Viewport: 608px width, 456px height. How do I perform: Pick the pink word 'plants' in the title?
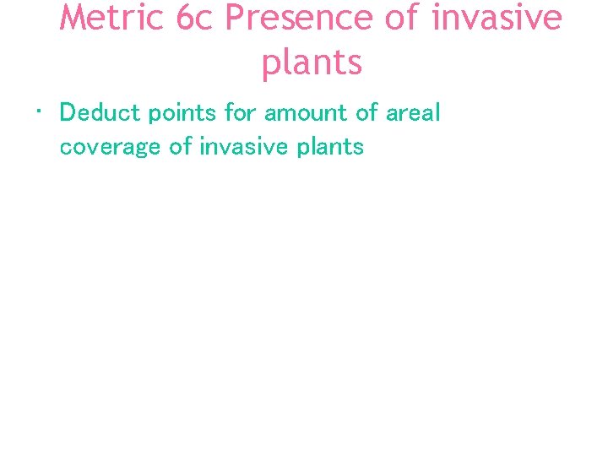[x=312, y=62]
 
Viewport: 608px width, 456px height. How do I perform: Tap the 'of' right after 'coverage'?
[x=180, y=146]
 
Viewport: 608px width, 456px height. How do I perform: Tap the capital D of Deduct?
[x=68, y=113]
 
